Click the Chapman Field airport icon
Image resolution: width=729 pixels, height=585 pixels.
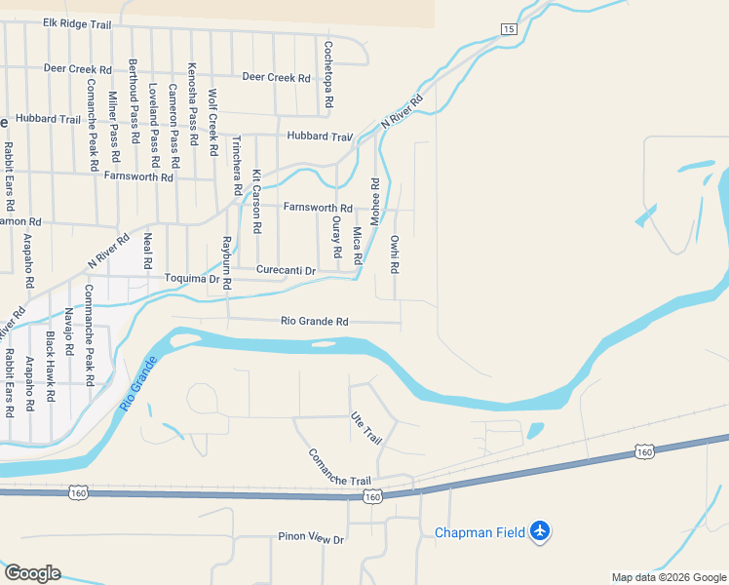(541, 531)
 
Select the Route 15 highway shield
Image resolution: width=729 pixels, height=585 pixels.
(509, 30)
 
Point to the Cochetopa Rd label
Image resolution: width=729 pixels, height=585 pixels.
(328, 74)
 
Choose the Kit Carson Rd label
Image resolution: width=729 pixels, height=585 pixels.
(256, 201)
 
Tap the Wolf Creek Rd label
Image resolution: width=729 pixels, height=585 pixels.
(212, 123)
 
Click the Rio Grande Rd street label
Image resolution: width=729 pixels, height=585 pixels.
(314, 321)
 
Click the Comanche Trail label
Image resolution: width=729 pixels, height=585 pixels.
(340, 468)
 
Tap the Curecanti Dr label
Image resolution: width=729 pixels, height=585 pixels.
(287, 270)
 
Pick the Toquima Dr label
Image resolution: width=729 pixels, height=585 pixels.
(191, 278)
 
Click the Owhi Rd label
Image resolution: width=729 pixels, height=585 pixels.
(395, 253)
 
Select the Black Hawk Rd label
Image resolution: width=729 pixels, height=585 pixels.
(50, 359)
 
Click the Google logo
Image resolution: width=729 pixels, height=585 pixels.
(31, 573)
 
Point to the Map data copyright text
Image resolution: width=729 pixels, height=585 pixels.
(668, 577)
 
